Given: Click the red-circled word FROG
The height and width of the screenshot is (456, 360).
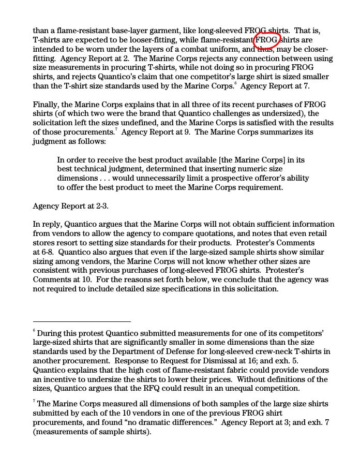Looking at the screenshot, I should pos(267,40).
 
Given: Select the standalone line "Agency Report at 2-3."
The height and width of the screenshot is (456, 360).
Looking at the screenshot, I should pos(70,206).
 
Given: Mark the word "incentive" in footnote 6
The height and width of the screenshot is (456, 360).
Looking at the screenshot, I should pos(62,379).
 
